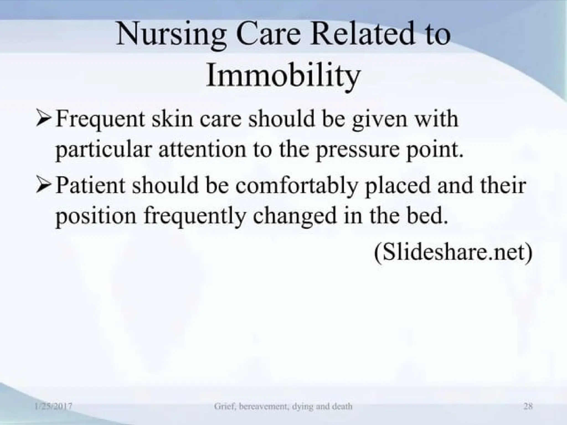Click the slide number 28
[x=528, y=406]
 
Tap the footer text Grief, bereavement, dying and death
[x=283, y=406]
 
